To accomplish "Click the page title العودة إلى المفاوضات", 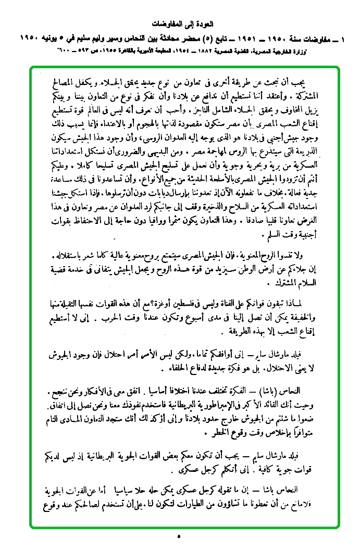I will [x=184, y=24].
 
